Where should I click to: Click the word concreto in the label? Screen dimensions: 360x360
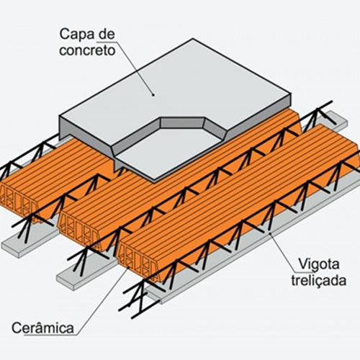[x=87, y=50]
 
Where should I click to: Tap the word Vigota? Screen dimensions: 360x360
[x=318, y=265]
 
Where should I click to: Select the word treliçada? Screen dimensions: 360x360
[x=319, y=280]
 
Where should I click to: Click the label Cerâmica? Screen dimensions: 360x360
[x=42, y=328]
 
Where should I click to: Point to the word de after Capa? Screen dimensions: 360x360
[x=107, y=34]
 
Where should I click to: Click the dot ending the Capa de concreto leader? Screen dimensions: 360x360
[x=153, y=95]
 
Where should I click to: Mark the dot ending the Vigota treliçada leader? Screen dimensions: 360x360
[x=270, y=233]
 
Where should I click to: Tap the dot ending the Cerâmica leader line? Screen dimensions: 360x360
[x=128, y=268]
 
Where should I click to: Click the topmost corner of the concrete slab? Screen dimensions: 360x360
[x=192, y=39]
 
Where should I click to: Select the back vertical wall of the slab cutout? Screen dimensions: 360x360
[x=182, y=123]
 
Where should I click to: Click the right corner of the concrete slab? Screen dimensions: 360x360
[x=291, y=96]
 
